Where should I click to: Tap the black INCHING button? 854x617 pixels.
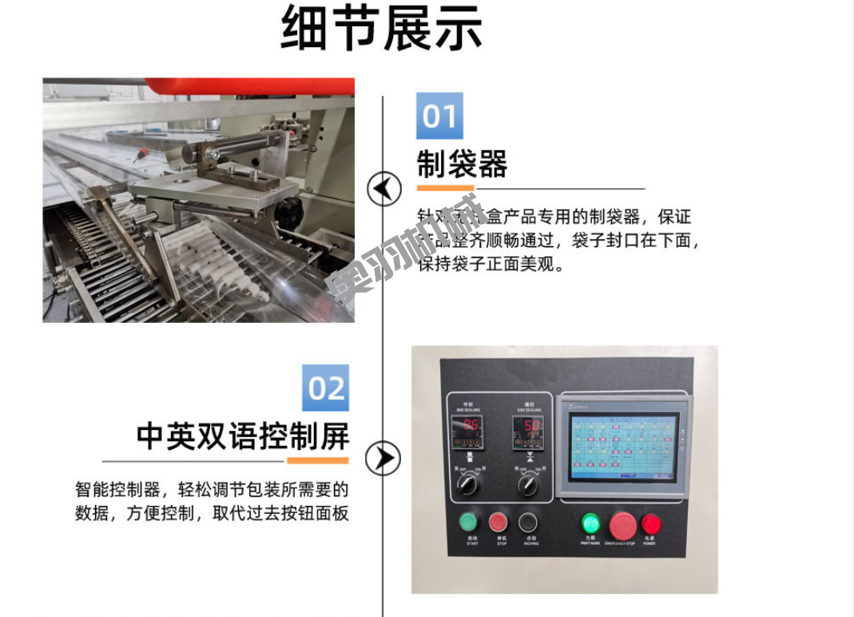tap(527, 522)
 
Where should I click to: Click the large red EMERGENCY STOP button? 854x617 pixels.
tap(622, 525)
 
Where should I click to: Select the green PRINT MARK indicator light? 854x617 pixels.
tap(590, 523)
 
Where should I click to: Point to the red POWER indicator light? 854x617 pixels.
tap(651, 524)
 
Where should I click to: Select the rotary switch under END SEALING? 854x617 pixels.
tap(527, 484)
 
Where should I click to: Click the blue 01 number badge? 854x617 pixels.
tap(439, 116)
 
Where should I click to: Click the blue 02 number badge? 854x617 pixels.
tap(326, 388)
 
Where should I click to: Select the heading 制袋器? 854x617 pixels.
tap(462, 165)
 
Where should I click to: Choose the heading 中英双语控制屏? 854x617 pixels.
tap(243, 436)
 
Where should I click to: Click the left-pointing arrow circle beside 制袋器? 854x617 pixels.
tap(383, 189)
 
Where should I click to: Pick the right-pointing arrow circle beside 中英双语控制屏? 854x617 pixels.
tap(383, 458)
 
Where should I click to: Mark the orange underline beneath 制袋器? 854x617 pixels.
tap(446, 189)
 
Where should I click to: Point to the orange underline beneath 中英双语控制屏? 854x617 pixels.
tap(317, 460)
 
